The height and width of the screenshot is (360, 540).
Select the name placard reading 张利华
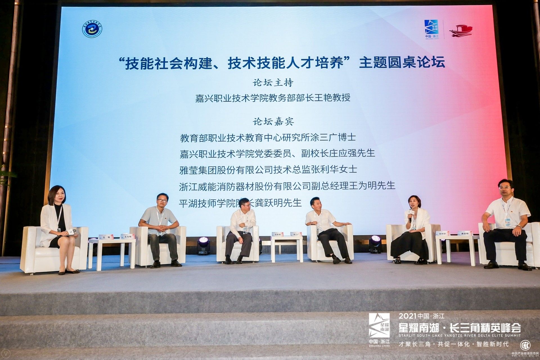click(x=442, y=233)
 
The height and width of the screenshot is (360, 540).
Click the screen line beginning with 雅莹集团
click(x=268, y=170)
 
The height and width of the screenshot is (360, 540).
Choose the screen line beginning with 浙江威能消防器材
click(x=287, y=186)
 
